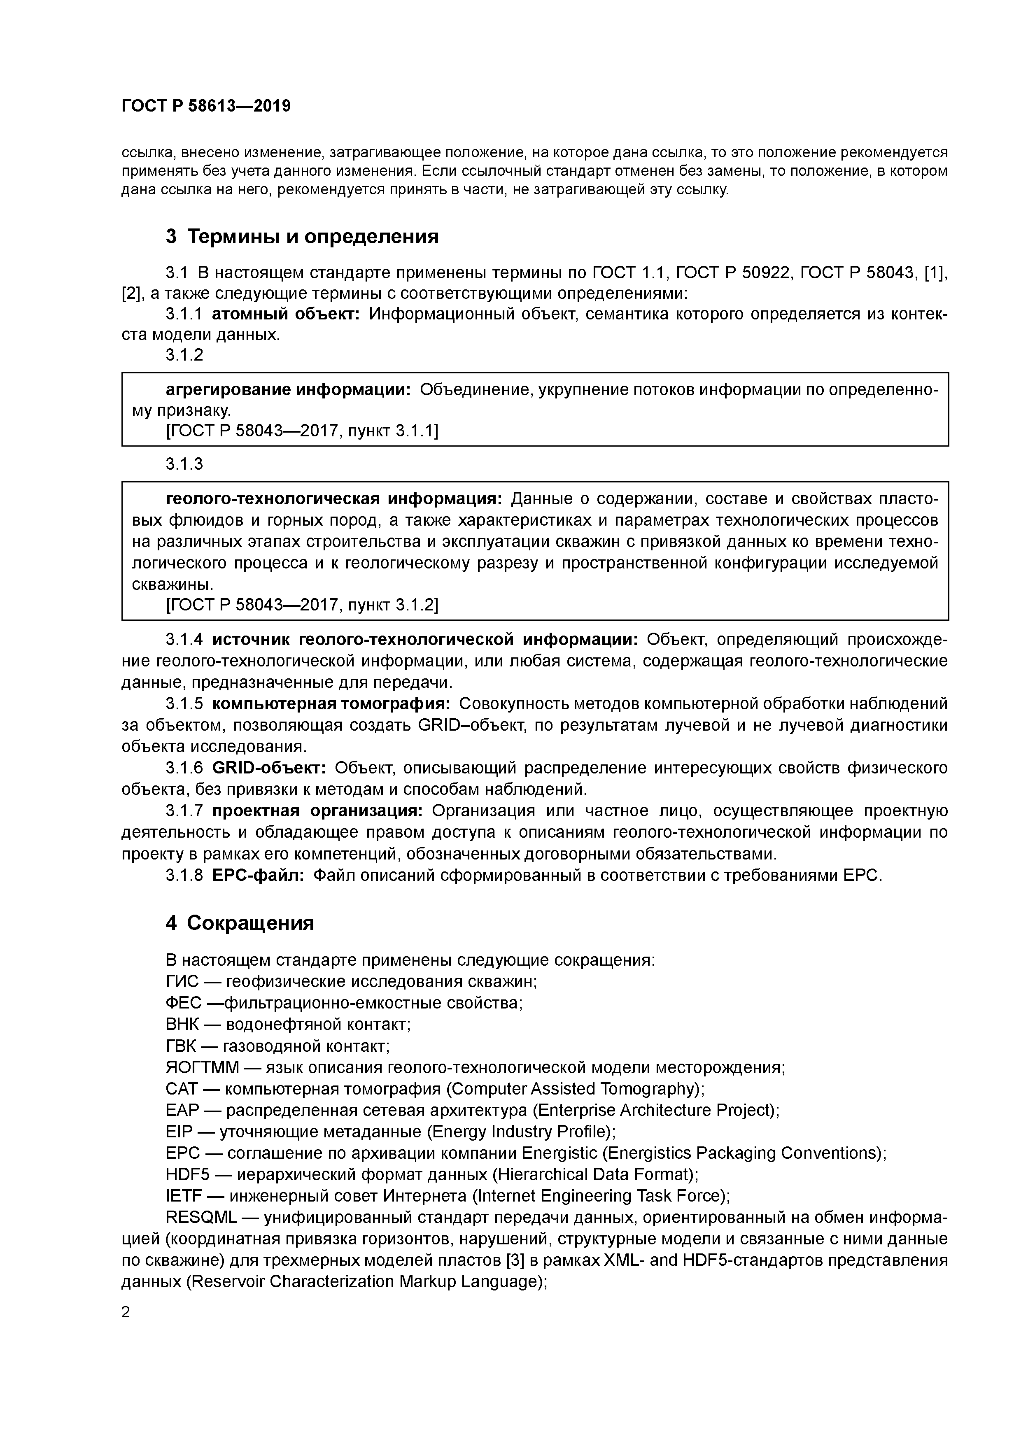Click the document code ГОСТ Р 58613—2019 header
tap(206, 106)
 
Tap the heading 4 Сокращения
tap(240, 922)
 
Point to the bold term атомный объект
tap(285, 314)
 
